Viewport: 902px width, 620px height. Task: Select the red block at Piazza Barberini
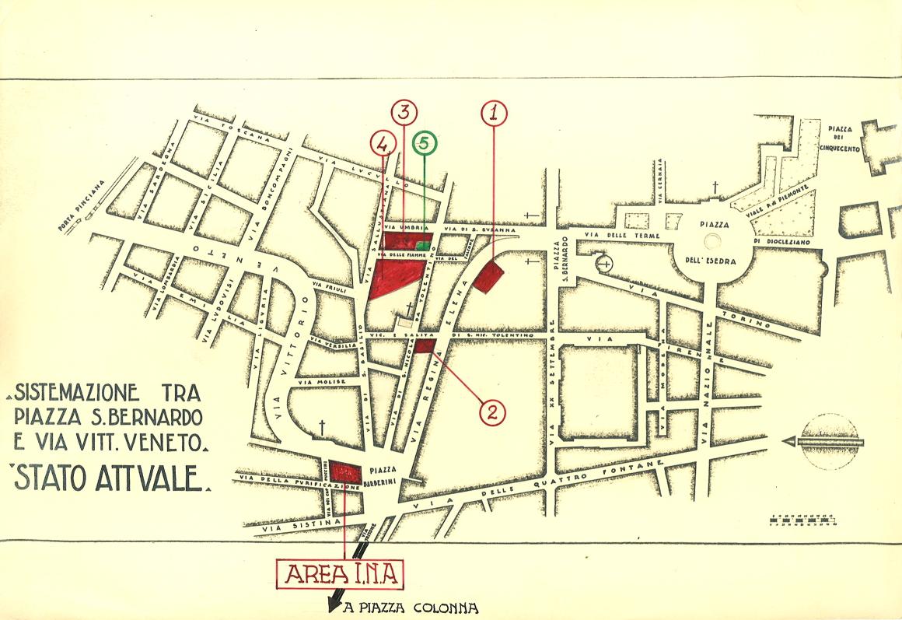point(345,471)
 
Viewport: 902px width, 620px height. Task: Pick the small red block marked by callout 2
point(425,347)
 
